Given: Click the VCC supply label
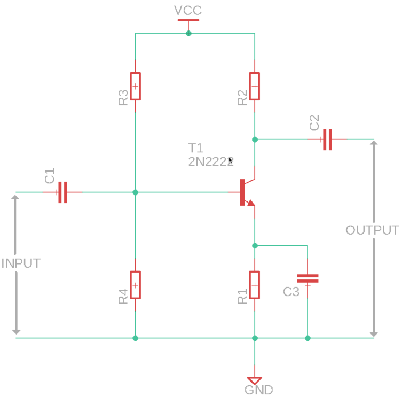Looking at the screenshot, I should click(188, 11).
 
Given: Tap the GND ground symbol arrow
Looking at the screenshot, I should click(255, 380).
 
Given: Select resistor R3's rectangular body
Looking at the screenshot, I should click(136, 86).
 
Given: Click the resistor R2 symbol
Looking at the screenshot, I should click(255, 86).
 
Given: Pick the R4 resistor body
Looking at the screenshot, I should click(136, 285).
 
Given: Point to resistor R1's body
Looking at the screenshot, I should click(255, 285).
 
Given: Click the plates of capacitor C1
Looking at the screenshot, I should click(62, 192).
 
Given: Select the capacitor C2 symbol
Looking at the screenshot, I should click(327, 139).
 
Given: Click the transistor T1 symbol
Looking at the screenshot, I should click(246, 192).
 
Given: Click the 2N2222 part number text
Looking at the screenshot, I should click(211, 161).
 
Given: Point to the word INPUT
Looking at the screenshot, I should click(21, 263).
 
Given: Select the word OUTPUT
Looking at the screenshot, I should click(372, 230).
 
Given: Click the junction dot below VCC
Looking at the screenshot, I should click(188, 33).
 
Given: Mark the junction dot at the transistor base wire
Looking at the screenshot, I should click(136, 192).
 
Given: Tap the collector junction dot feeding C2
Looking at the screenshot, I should click(255, 139).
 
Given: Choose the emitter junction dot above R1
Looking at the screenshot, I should click(255, 246).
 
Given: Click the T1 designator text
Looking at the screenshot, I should click(195, 148).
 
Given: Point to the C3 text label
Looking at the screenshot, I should click(291, 292).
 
